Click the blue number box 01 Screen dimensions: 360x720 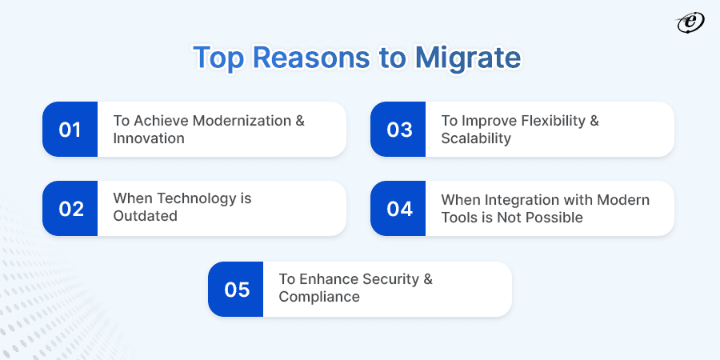(70, 129)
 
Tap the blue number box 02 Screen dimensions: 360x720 (70, 208)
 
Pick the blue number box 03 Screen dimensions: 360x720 (398, 129)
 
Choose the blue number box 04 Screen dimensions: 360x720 (398, 208)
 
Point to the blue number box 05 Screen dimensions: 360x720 (236, 289)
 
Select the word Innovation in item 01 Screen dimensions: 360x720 (149, 138)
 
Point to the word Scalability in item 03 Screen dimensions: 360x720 (477, 138)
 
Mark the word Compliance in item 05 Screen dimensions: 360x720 (319, 297)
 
